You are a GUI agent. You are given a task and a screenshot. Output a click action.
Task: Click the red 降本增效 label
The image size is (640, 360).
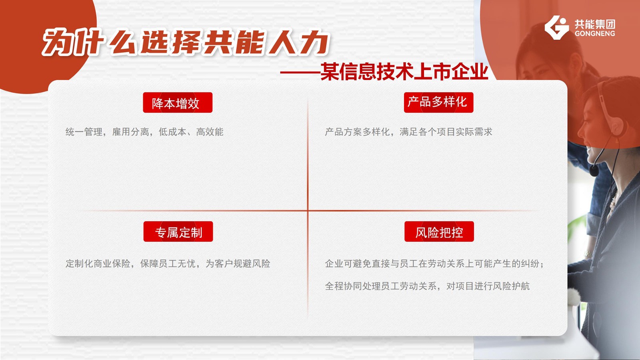point(178,102)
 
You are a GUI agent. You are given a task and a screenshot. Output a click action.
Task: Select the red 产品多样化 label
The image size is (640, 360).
point(438,102)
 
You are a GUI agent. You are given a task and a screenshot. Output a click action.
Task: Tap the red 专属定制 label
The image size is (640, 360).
point(178,232)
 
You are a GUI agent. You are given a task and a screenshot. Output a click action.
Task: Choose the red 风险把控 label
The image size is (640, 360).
point(439,232)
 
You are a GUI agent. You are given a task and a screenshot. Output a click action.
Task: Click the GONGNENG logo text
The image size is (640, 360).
point(594,34)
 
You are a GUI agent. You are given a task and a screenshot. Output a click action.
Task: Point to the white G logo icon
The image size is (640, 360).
point(556,28)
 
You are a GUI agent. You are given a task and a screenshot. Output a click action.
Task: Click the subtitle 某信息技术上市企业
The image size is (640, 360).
point(404,72)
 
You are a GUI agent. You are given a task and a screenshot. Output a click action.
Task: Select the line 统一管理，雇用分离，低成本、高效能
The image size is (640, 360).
point(144,132)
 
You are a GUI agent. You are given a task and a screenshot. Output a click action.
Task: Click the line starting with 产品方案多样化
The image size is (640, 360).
point(408,132)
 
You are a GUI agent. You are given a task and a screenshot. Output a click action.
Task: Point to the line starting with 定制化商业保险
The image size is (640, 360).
point(168,264)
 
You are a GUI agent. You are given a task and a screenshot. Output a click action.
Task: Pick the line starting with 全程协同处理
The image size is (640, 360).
point(427,286)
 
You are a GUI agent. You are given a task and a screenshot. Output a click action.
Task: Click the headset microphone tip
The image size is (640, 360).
point(594,171)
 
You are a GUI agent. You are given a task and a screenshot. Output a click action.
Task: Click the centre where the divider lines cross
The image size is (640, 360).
point(308,211)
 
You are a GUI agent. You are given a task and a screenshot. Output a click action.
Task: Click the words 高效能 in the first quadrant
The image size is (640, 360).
point(210,132)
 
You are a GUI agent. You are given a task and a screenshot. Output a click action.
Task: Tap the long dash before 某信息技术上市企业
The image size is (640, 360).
point(300,72)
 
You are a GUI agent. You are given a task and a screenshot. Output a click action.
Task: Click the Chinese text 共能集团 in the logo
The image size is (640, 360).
point(594,24)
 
